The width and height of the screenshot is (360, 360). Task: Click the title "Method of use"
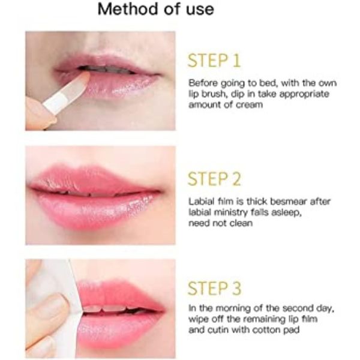coord(156,10)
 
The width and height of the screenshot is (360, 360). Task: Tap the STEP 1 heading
coord(214,61)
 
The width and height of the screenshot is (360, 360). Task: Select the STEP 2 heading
coord(214,179)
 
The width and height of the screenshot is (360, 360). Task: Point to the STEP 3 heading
coord(214,289)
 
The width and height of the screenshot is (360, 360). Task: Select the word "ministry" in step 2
coord(230,213)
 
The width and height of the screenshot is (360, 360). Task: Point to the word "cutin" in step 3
coord(218,330)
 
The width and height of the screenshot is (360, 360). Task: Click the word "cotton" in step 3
coord(265,330)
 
